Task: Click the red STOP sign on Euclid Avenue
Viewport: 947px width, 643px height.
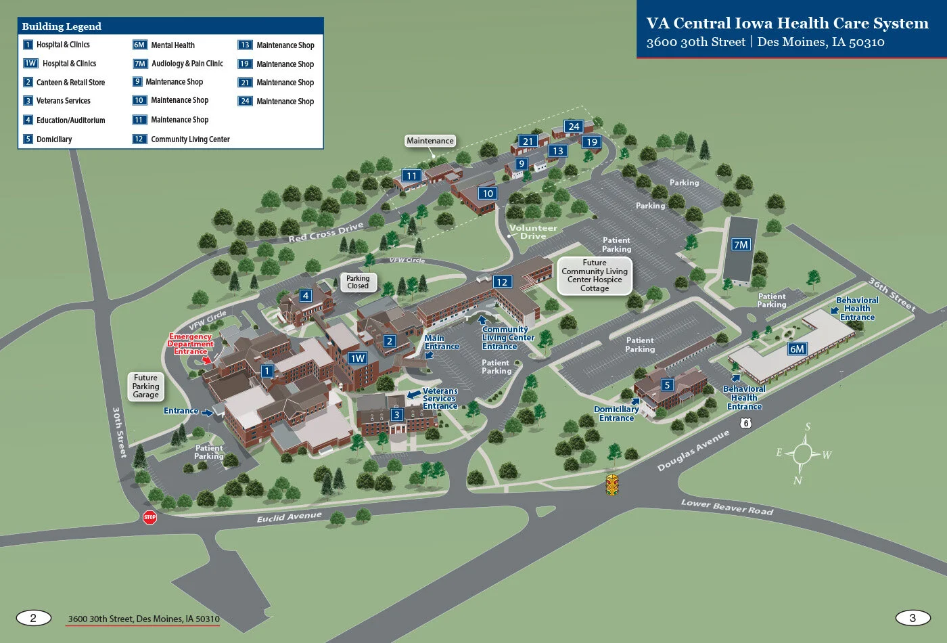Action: click(149, 517)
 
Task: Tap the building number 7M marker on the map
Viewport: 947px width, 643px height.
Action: click(741, 244)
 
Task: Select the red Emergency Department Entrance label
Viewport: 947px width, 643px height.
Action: click(190, 344)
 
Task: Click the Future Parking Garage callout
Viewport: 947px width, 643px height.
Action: click(145, 386)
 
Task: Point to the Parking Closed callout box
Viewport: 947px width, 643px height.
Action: click(358, 282)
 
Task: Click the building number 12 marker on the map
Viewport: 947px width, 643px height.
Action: click(501, 282)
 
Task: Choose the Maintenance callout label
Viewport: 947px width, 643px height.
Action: click(430, 141)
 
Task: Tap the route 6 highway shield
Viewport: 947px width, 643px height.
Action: click(745, 423)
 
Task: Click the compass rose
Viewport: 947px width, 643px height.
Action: click(803, 453)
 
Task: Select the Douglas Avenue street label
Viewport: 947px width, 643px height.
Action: click(693, 451)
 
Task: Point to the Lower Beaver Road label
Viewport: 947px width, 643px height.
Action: click(726, 507)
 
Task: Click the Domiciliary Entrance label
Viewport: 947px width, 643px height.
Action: click(616, 414)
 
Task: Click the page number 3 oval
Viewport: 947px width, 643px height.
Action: click(913, 617)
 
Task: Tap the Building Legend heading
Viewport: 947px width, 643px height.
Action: click(62, 26)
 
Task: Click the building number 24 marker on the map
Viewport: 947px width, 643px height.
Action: click(574, 127)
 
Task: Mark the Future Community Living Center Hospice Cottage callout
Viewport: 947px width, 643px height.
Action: click(595, 275)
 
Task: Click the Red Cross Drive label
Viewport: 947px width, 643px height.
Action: click(326, 231)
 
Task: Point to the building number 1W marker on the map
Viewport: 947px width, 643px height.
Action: click(358, 358)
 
